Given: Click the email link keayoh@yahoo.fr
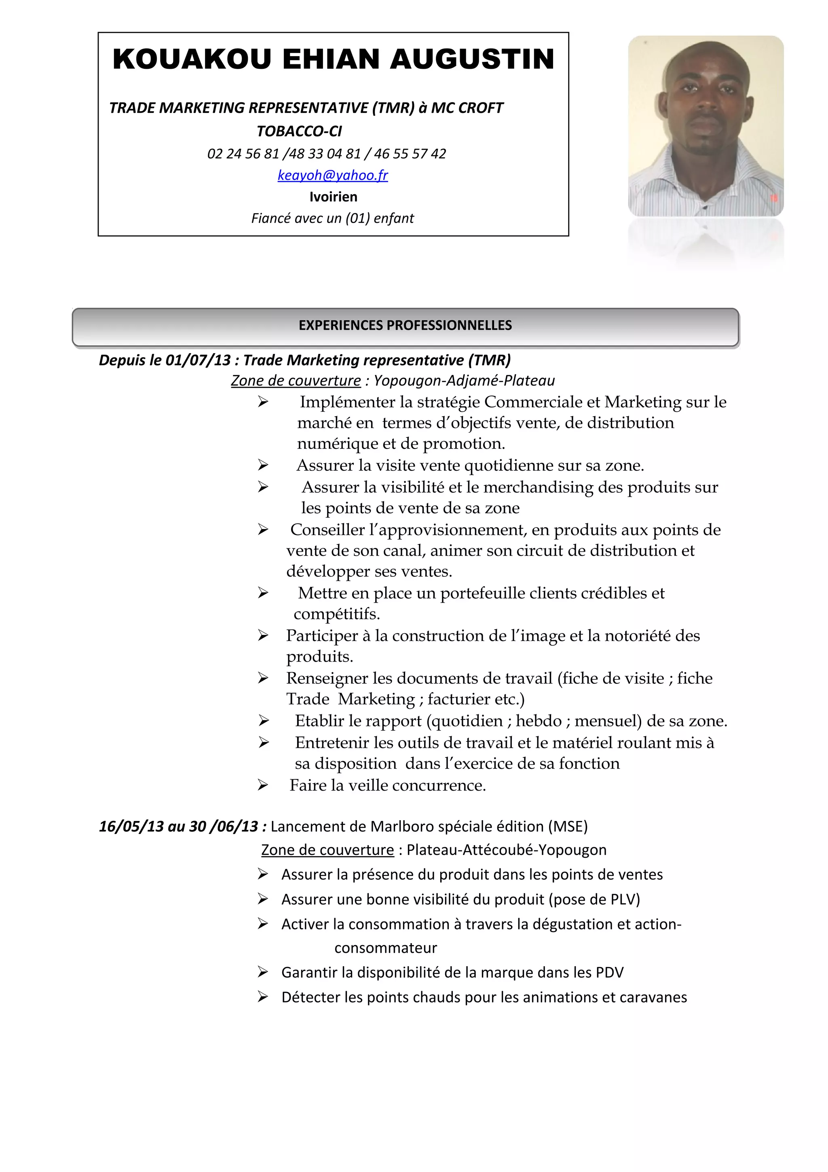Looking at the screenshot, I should tap(333, 175).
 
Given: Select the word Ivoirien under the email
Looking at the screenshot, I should tap(333, 197).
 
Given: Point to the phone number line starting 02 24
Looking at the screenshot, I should tap(327, 154).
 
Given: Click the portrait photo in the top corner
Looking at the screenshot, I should tap(705, 126).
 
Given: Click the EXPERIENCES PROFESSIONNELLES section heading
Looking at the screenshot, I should tap(405, 325).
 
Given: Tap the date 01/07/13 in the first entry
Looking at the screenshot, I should tap(199, 360).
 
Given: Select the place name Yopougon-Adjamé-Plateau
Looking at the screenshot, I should tap(464, 381).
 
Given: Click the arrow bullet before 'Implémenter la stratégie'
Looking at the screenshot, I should tap(263, 402).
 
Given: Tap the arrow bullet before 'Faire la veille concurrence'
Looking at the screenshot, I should tap(263, 785).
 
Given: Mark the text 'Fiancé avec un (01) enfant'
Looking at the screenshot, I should tap(333, 218).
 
